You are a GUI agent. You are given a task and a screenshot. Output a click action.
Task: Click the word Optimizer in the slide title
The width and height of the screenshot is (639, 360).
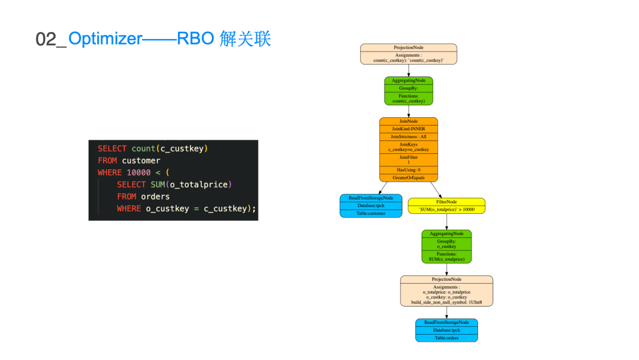(105, 38)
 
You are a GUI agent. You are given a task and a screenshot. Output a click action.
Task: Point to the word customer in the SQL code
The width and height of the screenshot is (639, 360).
(141, 160)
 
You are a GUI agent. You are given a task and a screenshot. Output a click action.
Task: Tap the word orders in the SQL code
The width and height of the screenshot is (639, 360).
(155, 197)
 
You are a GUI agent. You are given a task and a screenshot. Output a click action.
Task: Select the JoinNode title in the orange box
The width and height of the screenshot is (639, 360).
(408, 121)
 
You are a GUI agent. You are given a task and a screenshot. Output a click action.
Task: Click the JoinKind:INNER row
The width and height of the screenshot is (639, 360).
(408, 128)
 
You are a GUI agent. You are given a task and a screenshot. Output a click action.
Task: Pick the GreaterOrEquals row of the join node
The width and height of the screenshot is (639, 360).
(408, 178)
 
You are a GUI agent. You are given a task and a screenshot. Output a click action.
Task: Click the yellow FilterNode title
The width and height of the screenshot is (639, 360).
(446, 202)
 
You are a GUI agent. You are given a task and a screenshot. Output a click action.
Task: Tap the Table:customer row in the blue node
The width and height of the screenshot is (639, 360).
(371, 213)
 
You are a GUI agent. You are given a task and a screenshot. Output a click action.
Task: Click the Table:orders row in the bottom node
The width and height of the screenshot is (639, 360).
(446, 338)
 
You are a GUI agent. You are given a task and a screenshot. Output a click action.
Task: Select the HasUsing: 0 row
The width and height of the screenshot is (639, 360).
(408, 170)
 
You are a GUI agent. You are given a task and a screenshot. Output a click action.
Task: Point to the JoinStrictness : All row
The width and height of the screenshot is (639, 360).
(408, 137)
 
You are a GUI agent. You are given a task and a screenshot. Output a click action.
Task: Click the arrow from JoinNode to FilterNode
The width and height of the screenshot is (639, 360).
(434, 189)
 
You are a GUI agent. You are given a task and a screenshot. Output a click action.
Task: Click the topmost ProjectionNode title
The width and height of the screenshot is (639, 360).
(408, 47)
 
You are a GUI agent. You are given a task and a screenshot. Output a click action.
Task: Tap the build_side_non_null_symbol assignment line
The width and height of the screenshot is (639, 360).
(446, 303)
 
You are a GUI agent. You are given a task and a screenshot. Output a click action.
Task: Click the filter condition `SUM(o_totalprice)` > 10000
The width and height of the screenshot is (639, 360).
(446, 209)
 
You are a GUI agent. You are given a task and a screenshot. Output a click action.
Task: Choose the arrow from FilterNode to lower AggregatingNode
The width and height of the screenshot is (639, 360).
(447, 221)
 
